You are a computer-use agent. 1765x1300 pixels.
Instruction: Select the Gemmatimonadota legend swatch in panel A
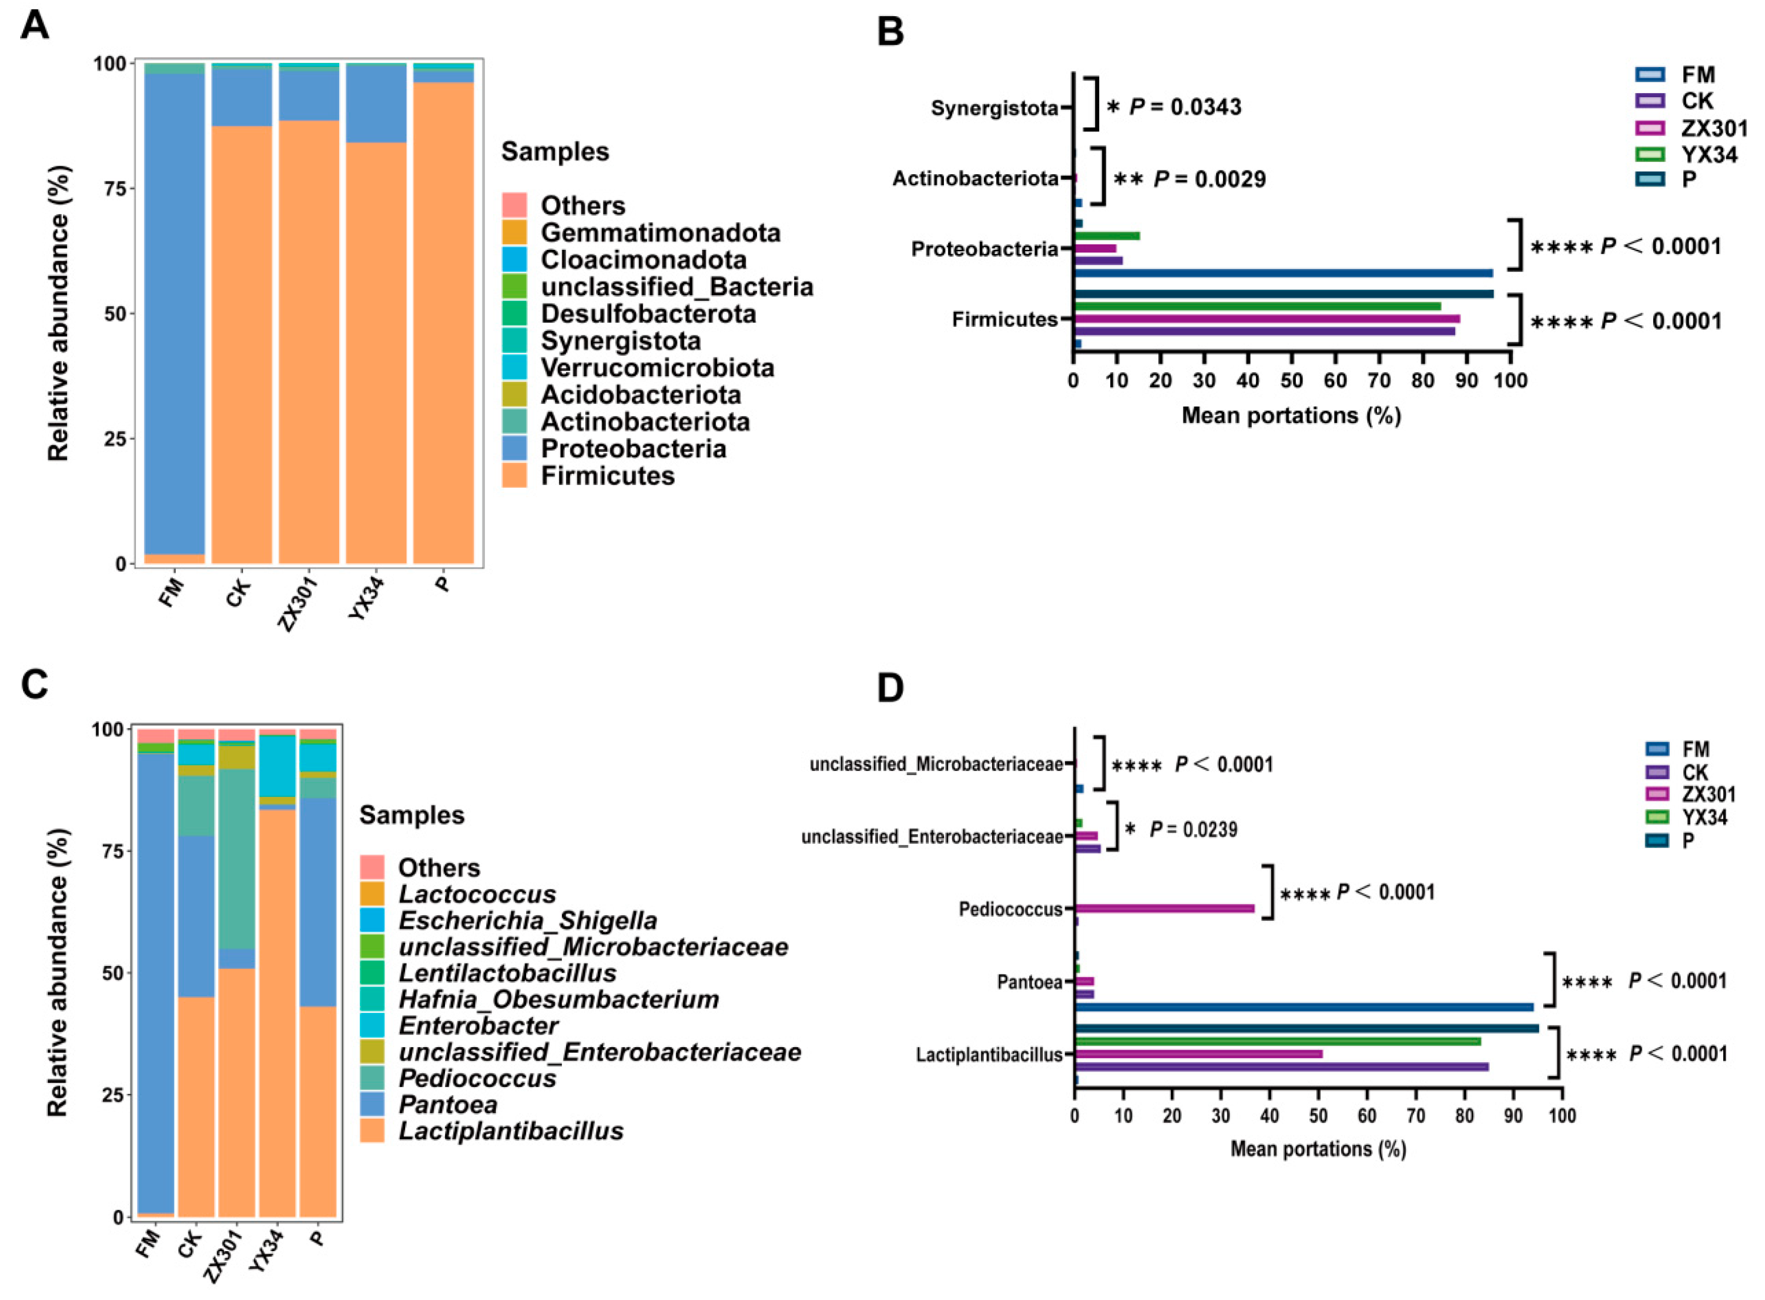click(x=514, y=232)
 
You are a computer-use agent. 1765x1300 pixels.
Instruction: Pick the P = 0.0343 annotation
click(x=1185, y=106)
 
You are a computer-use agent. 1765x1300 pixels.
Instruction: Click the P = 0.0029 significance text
click(x=1209, y=179)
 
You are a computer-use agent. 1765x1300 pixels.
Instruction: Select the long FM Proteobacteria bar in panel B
click(x=1283, y=273)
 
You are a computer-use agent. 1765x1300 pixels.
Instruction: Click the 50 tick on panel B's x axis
click(x=1291, y=381)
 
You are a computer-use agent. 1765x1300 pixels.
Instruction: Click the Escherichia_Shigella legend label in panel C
click(x=528, y=920)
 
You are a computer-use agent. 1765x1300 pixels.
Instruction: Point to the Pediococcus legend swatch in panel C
click(x=371, y=1077)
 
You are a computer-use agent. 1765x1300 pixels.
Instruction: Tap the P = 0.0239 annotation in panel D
click(x=1192, y=830)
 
